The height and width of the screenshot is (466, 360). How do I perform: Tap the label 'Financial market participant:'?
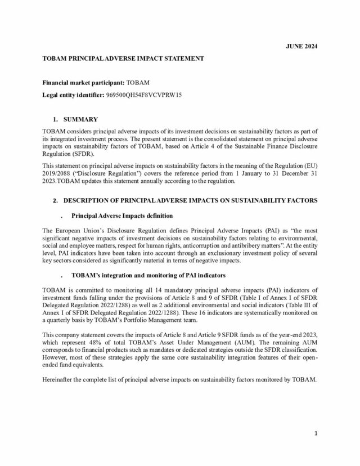click(x=84, y=83)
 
